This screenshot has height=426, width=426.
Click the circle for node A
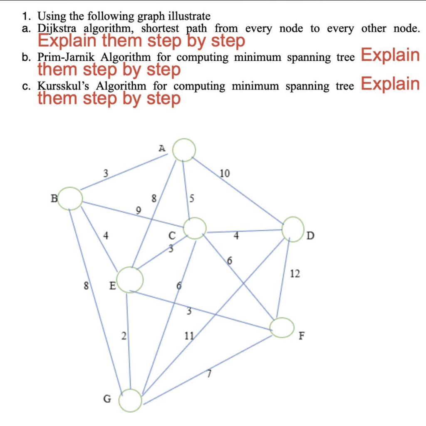(184, 149)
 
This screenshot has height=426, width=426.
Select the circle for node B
(70, 199)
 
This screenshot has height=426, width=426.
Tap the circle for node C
(195, 228)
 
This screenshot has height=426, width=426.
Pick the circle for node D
(293, 229)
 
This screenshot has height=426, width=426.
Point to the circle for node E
(130, 279)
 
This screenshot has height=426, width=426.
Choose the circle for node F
(282, 327)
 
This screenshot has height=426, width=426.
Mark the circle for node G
(131, 400)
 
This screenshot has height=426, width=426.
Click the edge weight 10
(224, 173)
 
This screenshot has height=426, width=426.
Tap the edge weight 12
(295, 274)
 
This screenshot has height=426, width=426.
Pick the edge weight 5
(192, 198)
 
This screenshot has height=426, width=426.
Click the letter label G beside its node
(107, 399)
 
